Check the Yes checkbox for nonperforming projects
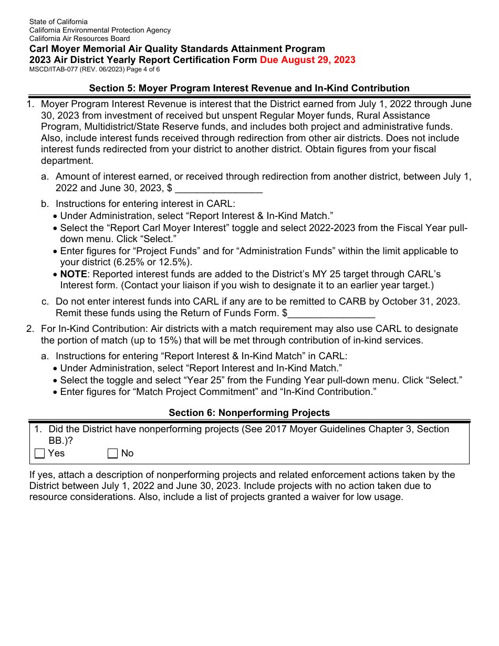[x=40, y=454]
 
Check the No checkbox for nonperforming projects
[x=113, y=454]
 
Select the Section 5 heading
[x=249, y=88]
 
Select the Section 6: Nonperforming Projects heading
[x=249, y=413]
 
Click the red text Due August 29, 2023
[x=307, y=60]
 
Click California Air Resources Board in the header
[x=79, y=38]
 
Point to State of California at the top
[x=58, y=22]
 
